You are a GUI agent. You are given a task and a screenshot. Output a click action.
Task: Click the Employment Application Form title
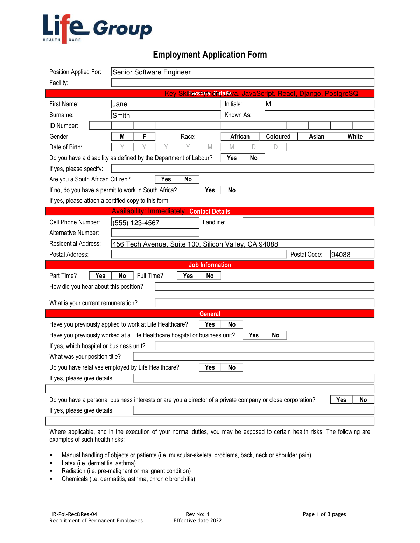tap(210, 55)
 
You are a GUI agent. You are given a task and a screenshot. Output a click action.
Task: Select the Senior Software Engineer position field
tap(243, 72)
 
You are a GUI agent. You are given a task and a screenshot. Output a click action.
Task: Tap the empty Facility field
tap(243, 83)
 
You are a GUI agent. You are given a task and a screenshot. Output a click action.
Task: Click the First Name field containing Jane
tap(166, 104)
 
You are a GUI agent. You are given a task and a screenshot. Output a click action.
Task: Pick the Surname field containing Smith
tap(166, 115)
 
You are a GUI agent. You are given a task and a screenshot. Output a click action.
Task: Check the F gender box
tap(144, 136)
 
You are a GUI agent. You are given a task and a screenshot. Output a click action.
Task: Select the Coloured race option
tap(278, 136)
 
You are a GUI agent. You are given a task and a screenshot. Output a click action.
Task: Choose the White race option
tap(355, 136)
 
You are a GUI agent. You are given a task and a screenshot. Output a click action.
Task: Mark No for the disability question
tap(254, 158)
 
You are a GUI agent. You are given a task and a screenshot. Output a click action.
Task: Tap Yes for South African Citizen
tap(166, 179)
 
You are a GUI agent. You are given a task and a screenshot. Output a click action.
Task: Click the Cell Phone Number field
tap(155, 222)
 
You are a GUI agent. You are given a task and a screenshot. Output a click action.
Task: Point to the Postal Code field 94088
tap(352, 255)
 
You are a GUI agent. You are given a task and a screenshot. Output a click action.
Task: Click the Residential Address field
tap(243, 244)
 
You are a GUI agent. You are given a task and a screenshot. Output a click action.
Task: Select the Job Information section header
tap(210, 265)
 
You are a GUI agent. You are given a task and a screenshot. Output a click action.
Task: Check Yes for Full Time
tap(188, 276)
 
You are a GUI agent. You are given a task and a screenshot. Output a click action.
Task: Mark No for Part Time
tap(122, 276)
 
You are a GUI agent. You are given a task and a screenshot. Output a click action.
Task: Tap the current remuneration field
tap(265, 303)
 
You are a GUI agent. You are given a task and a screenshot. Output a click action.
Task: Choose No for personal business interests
tap(363, 400)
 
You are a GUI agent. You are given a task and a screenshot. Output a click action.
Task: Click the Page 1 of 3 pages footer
tap(324, 514)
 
